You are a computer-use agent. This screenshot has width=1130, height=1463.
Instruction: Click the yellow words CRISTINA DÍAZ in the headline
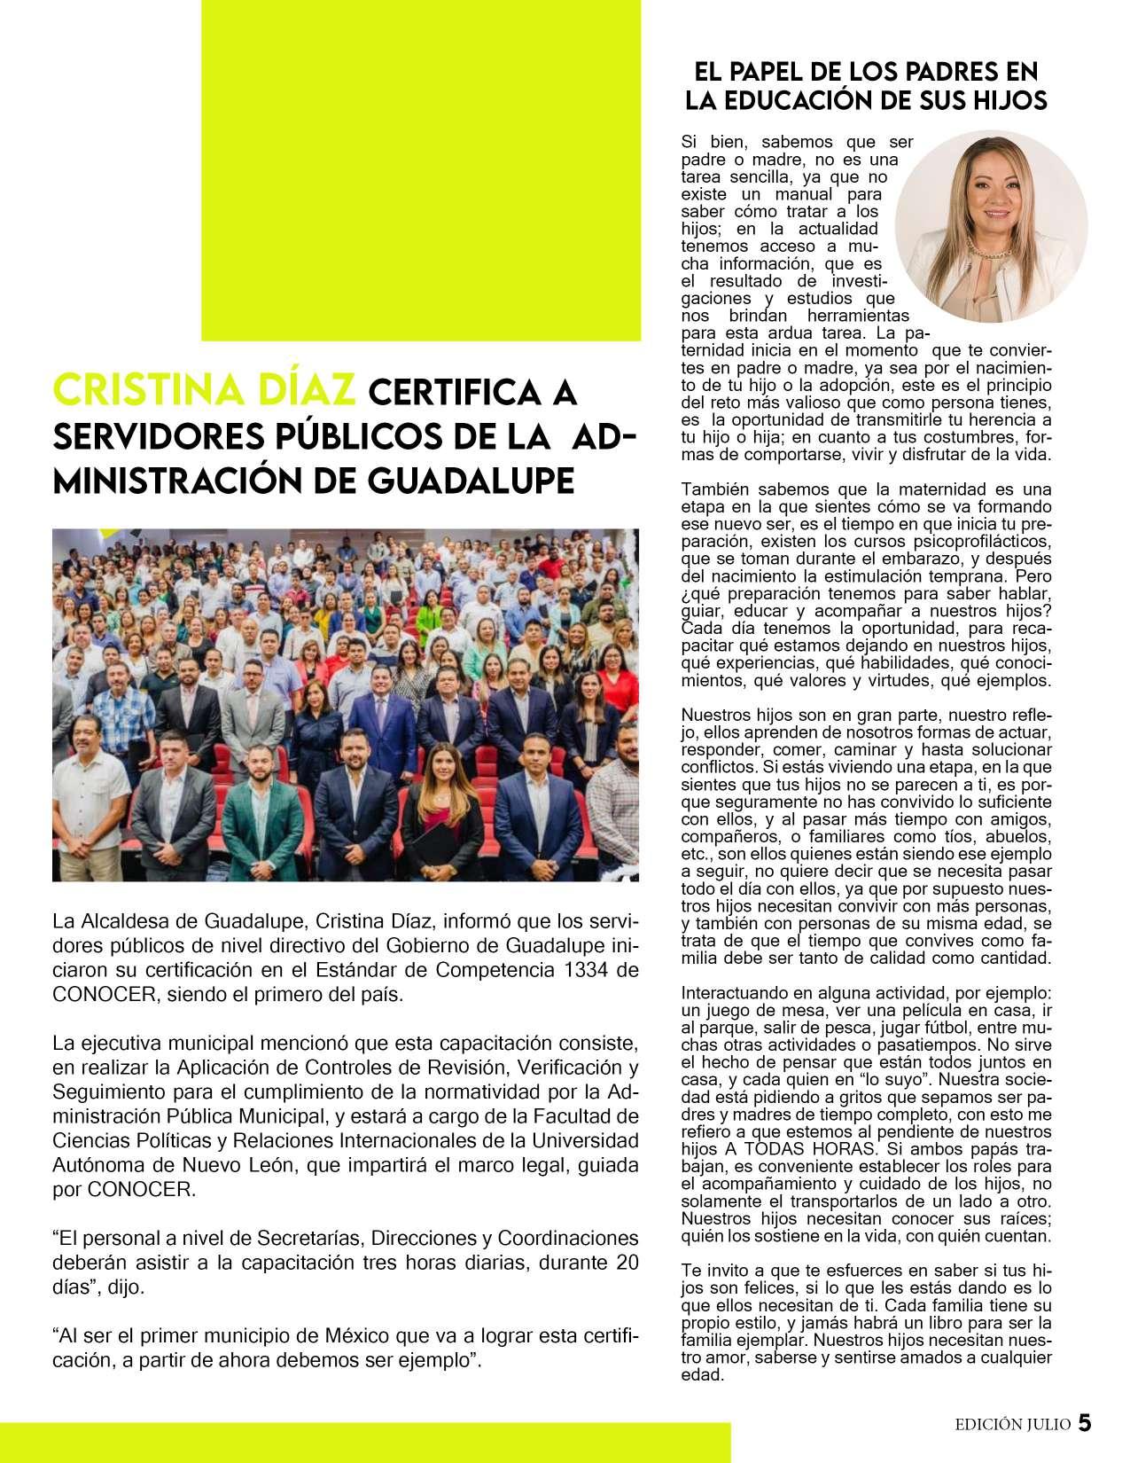click(204, 391)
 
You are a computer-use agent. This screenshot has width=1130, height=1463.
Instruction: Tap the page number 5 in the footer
click(1085, 1424)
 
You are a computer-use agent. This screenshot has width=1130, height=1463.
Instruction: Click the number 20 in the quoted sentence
click(626, 1263)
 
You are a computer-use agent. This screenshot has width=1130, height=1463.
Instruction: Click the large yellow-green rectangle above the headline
click(421, 168)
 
